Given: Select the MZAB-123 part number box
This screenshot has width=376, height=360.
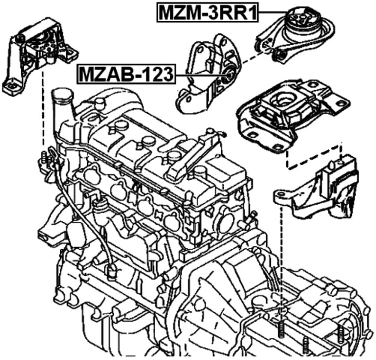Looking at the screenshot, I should (126, 74).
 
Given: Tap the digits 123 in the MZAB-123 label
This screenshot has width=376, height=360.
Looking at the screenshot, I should (155, 74).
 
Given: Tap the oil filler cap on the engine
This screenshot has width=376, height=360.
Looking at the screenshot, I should (62, 95).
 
